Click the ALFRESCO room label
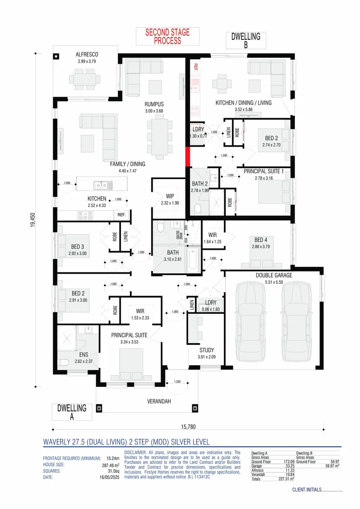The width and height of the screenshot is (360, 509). [87, 55]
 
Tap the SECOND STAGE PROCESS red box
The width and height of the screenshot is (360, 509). [167, 36]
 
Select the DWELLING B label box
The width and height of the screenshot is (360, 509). [246, 41]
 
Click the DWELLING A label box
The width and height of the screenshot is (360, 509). [72, 412]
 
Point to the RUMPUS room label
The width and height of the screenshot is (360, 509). [154, 104]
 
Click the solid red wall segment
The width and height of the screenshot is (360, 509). [187, 156]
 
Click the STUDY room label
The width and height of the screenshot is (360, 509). [206, 350]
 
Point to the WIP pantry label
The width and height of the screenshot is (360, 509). [170, 196]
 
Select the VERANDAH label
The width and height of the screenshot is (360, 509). [157, 402]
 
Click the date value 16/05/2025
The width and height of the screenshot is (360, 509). [110, 477]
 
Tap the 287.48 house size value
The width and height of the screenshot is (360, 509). [111, 465]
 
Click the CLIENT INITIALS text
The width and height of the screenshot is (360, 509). [317, 490]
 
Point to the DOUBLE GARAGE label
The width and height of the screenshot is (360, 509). [274, 275]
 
